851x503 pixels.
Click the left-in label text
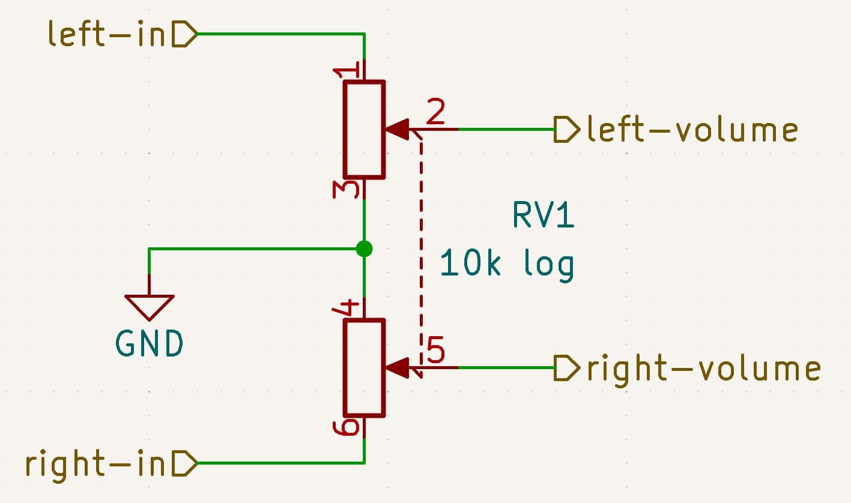pos(106,35)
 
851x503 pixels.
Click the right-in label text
pos(95,464)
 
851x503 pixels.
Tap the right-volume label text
pos(703,368)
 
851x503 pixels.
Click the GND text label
pos(150,345)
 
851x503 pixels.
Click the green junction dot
pos(364,248)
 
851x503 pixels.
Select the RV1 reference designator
pos(543,216)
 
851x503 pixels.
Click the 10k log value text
pos(507,264)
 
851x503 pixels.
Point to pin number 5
pos(436,351)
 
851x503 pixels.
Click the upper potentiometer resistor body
pos(364,130)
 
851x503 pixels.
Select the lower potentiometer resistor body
pos(364,367)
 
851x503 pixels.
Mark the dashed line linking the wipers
pos(420,252)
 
